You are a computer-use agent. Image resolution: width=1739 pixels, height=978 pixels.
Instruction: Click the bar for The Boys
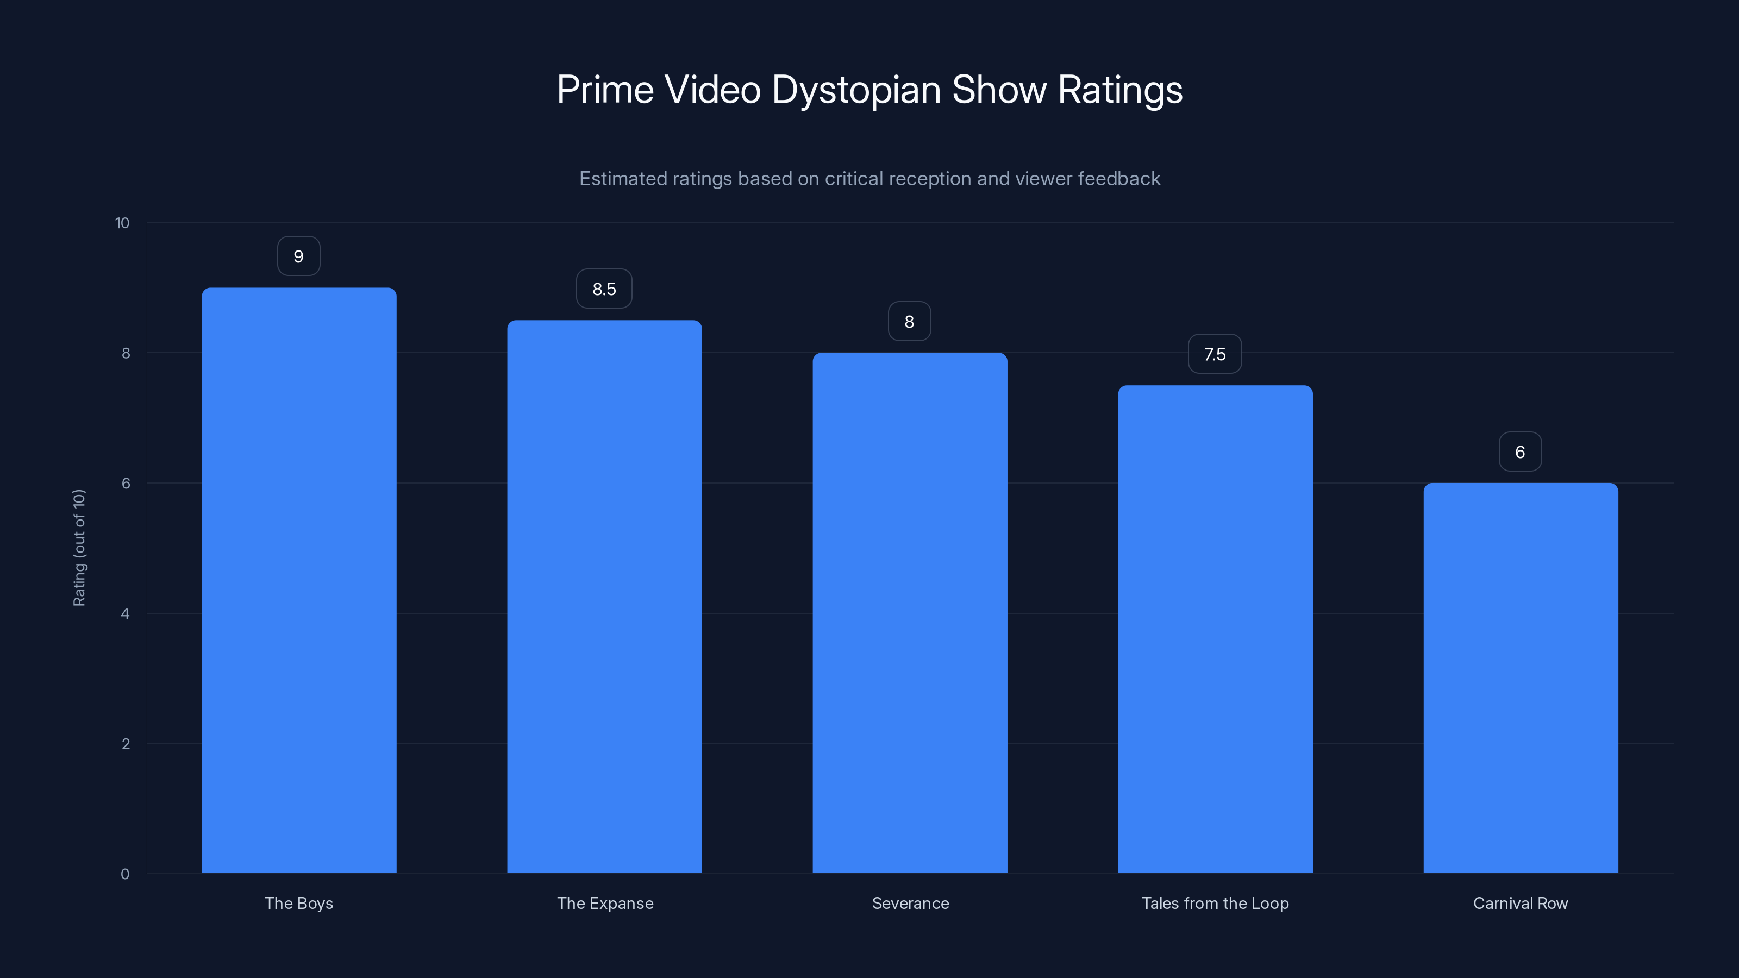point(299,580)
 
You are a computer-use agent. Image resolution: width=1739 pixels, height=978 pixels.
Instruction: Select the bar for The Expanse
point(604,597)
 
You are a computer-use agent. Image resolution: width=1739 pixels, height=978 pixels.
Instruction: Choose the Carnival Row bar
point(1521,678)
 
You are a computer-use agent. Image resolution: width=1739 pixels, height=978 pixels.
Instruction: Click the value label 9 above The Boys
point(298,256)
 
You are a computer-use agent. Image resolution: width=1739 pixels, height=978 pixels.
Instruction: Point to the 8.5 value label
point(604,289)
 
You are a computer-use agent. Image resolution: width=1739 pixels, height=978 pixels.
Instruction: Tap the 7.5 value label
point(1215,354)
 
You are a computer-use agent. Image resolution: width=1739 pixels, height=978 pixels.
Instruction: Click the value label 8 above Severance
point(909,322)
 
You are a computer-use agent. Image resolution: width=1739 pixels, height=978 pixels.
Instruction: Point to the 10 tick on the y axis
point(122,223)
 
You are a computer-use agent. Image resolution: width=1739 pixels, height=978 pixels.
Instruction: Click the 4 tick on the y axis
point(125,613)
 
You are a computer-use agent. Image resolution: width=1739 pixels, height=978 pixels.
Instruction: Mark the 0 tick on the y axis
point(125,874)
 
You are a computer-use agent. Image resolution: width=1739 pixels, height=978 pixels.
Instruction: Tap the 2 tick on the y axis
point(126,744)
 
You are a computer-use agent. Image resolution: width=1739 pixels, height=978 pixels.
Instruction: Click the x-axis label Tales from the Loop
point(1215,903)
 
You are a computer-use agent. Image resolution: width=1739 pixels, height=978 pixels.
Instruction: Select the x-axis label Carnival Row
point(1521,903)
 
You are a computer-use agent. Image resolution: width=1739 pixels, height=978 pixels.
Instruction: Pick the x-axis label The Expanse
point(605,903)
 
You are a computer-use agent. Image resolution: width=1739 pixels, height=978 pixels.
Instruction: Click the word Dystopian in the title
point(856,90)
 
